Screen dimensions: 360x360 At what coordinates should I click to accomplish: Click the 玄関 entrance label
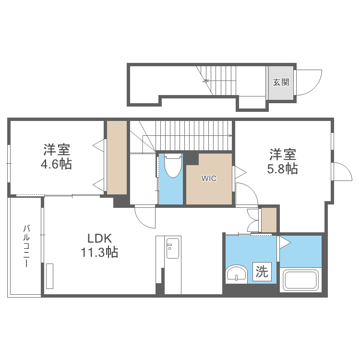281,82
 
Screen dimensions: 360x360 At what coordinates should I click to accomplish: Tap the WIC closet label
209,178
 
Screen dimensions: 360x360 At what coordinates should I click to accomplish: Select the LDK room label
100,239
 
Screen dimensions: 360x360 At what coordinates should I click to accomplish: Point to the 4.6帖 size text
57,164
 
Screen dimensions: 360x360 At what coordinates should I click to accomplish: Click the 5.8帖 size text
282,169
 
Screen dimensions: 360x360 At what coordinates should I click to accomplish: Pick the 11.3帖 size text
99,252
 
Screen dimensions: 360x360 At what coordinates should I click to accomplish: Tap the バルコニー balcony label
26,246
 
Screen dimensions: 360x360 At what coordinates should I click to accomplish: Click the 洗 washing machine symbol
262,272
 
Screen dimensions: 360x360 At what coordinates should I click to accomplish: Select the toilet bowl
173,166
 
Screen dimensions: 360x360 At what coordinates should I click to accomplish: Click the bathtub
300,280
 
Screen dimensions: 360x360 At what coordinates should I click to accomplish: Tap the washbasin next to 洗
237,274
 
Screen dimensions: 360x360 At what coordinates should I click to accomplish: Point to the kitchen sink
173,248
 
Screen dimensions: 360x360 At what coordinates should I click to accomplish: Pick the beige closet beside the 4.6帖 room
117,158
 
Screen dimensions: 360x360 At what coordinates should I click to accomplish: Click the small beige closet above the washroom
269,220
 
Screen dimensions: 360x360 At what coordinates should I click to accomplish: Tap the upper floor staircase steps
193,136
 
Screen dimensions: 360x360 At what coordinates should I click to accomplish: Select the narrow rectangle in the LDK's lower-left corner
49,276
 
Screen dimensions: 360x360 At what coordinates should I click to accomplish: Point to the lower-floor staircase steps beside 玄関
218,81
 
